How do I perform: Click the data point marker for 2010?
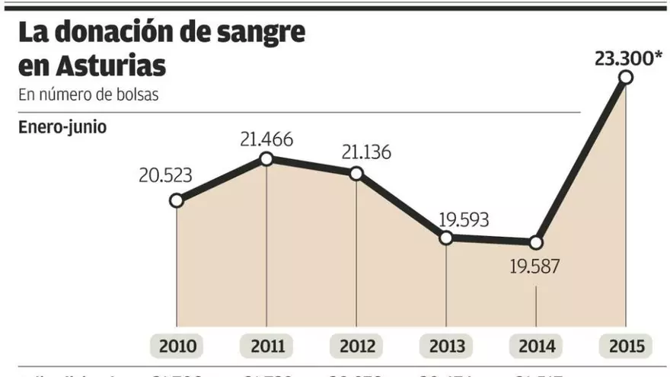pyautogui.click(x=177, y=201)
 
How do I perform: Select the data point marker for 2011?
pyautogui.click(x=266, y=158)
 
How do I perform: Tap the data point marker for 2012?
pyautogui.click(x=356, y=173)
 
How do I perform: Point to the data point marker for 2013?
pyautogui.click(x=446, y=238)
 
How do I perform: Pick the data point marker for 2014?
pyautogui.click(x=536, y=242)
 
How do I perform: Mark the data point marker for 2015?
pyautogui.click(x=626, y=77)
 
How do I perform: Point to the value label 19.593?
pyautogui.click(x=464, y=219)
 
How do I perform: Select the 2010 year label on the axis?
pyautogui.click(x=177, y=347)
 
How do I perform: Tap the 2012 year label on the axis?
pyautogui.click(x=357, y=347)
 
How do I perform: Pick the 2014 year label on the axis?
pyautogui.click(x=537, y=347)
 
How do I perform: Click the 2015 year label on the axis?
pyautogui.click(x=627, y=347)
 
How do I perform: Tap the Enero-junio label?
pyautogui.click(x=62, y=126)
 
